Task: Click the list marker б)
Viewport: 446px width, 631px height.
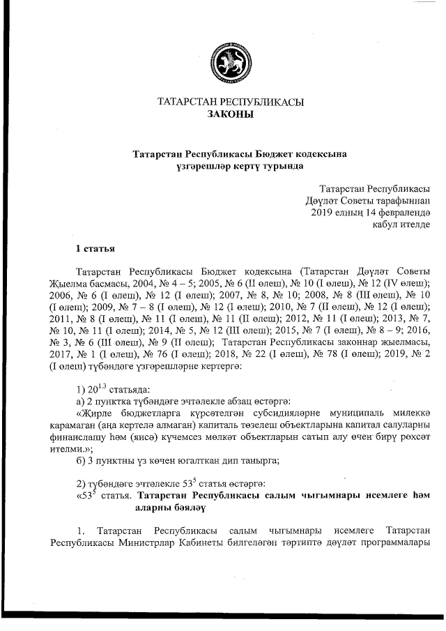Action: pyautogui.click(x=80, y=461)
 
